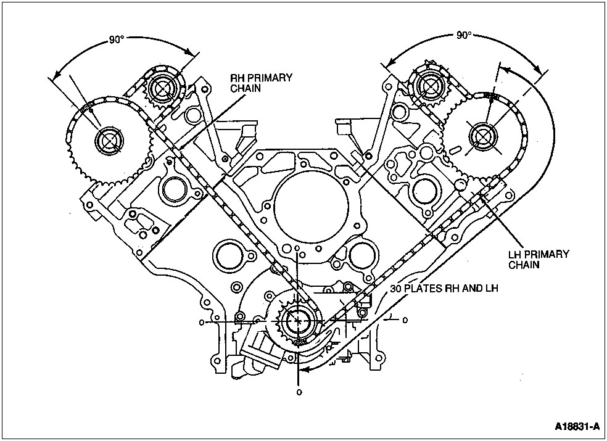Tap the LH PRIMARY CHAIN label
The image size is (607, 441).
coord(539,259)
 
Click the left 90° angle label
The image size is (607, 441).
coord(116,39)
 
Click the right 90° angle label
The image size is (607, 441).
coord(464,36)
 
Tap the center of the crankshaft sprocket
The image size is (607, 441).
coord(299,321)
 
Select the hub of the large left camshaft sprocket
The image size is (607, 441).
coord(109,141)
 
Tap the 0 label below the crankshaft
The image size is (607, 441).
coord(299,392)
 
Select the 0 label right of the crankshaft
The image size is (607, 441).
coord(405,321)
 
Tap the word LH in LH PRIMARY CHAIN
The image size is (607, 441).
coord(514,253)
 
